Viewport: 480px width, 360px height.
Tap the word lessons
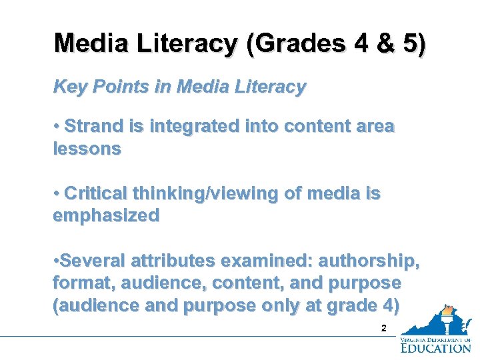click(87, 149)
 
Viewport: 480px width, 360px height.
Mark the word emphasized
click(106, 215)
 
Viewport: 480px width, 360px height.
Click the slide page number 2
click(383, 328)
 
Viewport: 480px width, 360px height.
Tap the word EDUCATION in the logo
click(436, 347)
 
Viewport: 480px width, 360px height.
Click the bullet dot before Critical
click(57, 193)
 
